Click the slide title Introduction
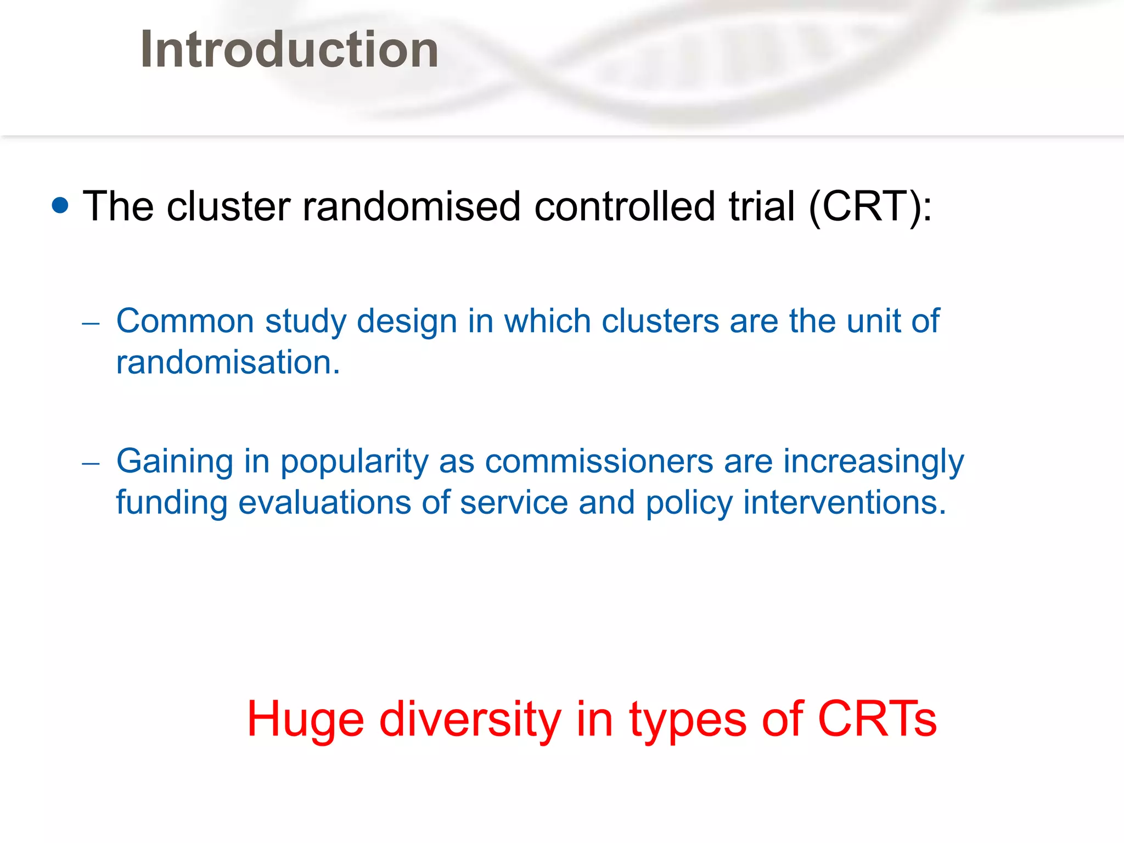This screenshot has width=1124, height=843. [x=289, y=49]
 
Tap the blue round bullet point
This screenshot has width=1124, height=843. [x=60, y=205]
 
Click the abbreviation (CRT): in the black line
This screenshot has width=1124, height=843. [x=870, y=206]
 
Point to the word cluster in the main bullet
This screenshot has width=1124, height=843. [x=228, y=206]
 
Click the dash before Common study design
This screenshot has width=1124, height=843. [x=91, y=323]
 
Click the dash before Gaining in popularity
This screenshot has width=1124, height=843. [x=91, y=464]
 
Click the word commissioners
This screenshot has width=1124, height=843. [x=599, y=461]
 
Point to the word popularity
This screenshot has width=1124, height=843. [x=355, y=462]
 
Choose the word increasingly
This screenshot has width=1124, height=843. [x=873, y=462]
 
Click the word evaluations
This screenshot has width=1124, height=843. [x=324, y=503]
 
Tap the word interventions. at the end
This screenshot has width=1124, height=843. [x=845, y=503]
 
